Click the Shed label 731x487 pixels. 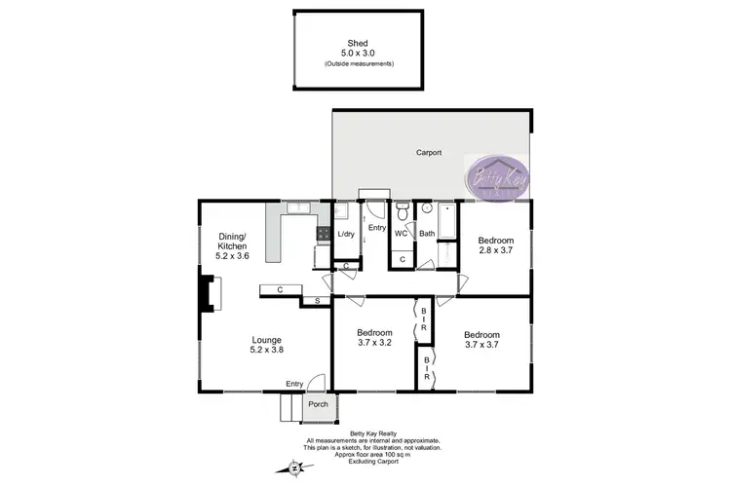359,44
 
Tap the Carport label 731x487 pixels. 429,153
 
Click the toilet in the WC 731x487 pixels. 401,211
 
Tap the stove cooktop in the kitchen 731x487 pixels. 324,234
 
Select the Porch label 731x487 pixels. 318,403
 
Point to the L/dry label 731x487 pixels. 346,235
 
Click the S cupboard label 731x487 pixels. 317,302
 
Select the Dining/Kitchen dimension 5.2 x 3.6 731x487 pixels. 232,256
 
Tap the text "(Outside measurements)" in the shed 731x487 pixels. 359,64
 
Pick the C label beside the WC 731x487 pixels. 402,259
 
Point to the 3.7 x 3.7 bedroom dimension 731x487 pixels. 481,343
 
